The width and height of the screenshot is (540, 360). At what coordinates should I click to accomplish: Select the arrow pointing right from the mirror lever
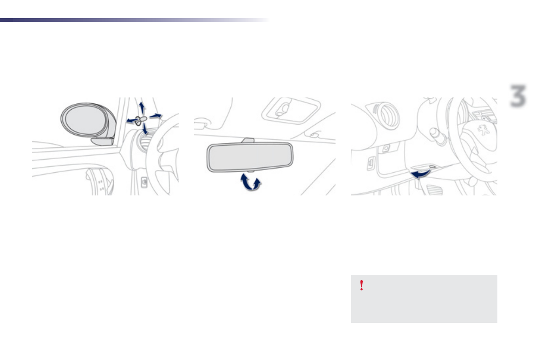coord(156,116)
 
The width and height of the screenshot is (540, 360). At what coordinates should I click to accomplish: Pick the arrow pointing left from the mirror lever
coord(131,121)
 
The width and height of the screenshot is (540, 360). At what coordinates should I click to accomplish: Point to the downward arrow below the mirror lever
coord(145,130)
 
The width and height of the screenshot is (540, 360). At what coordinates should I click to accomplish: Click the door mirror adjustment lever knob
coord(140,119)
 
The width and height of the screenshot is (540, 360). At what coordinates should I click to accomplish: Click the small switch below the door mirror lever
coord(143,183)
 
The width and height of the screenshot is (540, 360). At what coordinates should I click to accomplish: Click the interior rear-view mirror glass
coord(250,156)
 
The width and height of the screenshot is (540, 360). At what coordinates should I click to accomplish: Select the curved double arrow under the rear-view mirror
coord(251,183)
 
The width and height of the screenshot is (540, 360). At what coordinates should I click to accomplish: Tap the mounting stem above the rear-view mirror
coord(248,141)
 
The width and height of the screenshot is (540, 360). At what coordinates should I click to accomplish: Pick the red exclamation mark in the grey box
coord(361,285)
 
